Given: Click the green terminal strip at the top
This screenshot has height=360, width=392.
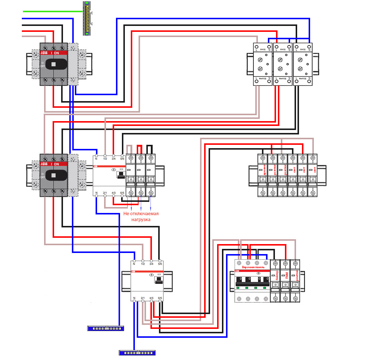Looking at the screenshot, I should click(x=87, y=19).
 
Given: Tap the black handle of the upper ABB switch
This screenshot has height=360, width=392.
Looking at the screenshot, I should click(x=53, y=64).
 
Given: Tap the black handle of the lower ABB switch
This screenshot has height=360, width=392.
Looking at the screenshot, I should click(x=53, y=174).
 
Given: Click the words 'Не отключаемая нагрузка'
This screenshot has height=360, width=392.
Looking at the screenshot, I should click(x=141, y=217).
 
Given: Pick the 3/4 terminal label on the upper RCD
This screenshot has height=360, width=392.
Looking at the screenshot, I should click(x=114, y=159).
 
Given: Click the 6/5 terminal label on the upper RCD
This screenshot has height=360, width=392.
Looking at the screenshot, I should click(x=123, y=193).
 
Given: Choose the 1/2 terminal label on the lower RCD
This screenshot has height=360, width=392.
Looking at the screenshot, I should click(x=143, y=264).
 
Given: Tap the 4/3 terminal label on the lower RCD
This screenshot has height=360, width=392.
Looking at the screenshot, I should click(x=152, y=298).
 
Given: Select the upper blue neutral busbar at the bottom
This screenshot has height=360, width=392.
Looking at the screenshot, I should click(x=105, y=328).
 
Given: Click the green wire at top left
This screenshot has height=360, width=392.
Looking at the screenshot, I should click(x=52, y=11).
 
